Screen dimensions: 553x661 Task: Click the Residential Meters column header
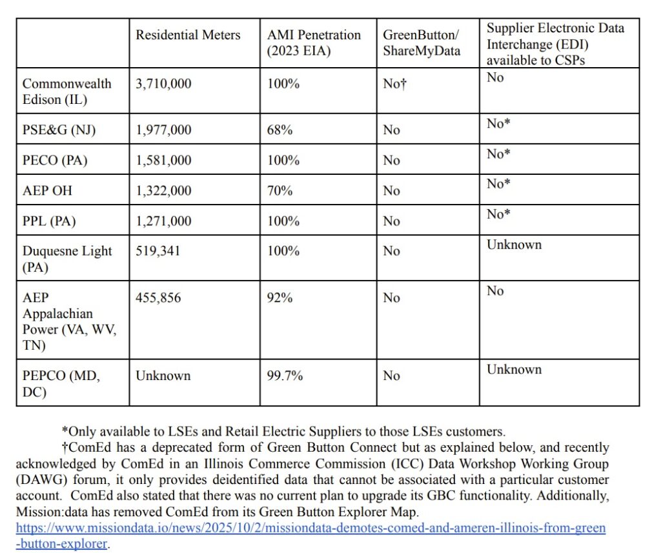tap(188, 35)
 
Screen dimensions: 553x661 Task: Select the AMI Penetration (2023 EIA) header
tap(314, 43)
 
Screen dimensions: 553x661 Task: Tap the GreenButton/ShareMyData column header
tap(422, 43)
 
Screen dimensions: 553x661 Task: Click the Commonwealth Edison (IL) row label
tap(66, 91)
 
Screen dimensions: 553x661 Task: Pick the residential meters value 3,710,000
tap(163, 84)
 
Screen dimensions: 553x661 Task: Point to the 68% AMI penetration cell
tap(280, 130)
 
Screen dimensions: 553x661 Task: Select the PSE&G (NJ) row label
tap(59, 130)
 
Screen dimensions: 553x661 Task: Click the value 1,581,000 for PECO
tap(163, 160)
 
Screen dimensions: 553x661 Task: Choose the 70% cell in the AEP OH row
tap(280, 190)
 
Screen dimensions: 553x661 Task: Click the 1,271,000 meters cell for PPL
tap(163, 221)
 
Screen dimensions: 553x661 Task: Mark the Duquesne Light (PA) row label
tap(66, 258)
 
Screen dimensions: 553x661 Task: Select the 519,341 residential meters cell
tap(158, 251)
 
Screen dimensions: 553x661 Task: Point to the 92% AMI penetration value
tap(280, 297)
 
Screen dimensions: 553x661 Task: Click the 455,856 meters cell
tap(158, 297)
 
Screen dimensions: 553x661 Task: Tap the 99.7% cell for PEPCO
tap(285, 376)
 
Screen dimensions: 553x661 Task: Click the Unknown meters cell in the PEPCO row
tap(163, 376)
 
